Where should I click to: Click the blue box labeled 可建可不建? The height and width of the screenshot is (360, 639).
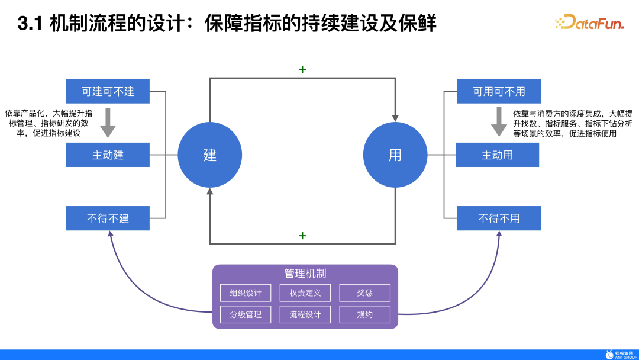tap(108, 91)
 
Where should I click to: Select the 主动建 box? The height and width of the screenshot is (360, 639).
tap(108, 155)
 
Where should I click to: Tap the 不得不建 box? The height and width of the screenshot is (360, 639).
tap(108, 218)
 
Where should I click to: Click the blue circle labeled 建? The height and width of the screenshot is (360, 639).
tap(209, 155)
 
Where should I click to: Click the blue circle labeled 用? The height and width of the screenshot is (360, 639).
tap(395, 155)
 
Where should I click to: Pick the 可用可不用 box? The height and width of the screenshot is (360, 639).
tap(499, 91)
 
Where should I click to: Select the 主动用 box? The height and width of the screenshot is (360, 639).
tap(497, 155)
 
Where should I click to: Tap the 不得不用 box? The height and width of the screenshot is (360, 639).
tap(499, 218)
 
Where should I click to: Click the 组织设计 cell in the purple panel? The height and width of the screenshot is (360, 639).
tap(246, 293)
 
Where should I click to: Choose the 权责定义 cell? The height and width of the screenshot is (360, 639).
tap(305, 293)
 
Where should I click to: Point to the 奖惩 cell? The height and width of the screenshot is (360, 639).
tap(364, 293)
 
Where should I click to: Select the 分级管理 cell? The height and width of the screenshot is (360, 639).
tap(246, 314)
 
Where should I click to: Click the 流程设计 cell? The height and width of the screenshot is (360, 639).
tap(305, 314)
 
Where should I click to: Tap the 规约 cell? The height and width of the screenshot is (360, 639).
tap(364, 314)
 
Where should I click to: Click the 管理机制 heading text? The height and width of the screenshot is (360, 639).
tap(305, 274)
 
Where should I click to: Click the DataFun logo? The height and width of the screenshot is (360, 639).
tap(590, 22)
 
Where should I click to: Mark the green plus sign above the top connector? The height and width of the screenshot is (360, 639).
tap(302, 69)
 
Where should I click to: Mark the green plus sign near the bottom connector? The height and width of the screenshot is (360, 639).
tap(302, 236)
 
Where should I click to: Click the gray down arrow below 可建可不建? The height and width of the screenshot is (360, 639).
tap(108, 122)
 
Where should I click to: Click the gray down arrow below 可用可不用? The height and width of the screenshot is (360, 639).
tap(499, 122)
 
